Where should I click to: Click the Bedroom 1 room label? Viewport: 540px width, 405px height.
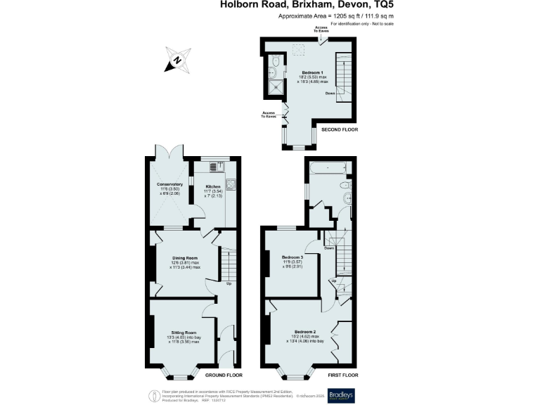[312, 73]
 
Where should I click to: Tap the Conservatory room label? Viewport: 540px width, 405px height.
[169, 185]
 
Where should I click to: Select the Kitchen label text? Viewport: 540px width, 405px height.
[213, 186]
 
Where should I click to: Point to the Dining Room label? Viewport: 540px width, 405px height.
[184, 258]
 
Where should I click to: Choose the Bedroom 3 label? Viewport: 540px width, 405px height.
[292, 257]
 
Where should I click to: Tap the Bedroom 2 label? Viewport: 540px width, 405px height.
[304, 332]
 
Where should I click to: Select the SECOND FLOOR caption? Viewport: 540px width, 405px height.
[340, 130]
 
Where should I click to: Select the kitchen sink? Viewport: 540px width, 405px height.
[214, 166]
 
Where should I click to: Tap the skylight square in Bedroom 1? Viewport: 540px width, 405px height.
[299, 49]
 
